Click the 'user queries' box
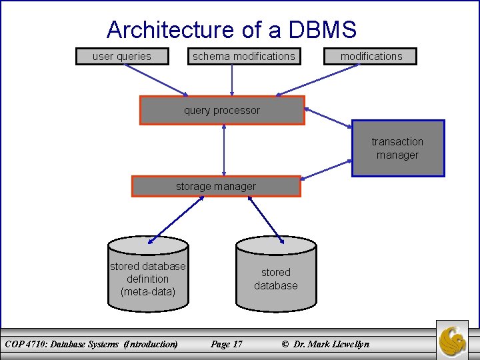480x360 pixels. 122,57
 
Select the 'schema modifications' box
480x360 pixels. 243,57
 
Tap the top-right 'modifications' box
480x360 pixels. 371,57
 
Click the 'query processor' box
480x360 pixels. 222,111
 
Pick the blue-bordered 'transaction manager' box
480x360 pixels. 397,148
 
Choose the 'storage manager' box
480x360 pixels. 216,187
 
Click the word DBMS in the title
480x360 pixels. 323,30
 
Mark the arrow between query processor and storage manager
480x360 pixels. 224,150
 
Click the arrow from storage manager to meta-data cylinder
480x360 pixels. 175,219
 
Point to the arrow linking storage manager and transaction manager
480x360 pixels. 327,169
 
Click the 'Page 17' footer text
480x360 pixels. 227,344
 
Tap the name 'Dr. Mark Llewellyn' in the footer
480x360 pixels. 331,344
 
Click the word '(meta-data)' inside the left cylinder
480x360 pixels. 148,291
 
